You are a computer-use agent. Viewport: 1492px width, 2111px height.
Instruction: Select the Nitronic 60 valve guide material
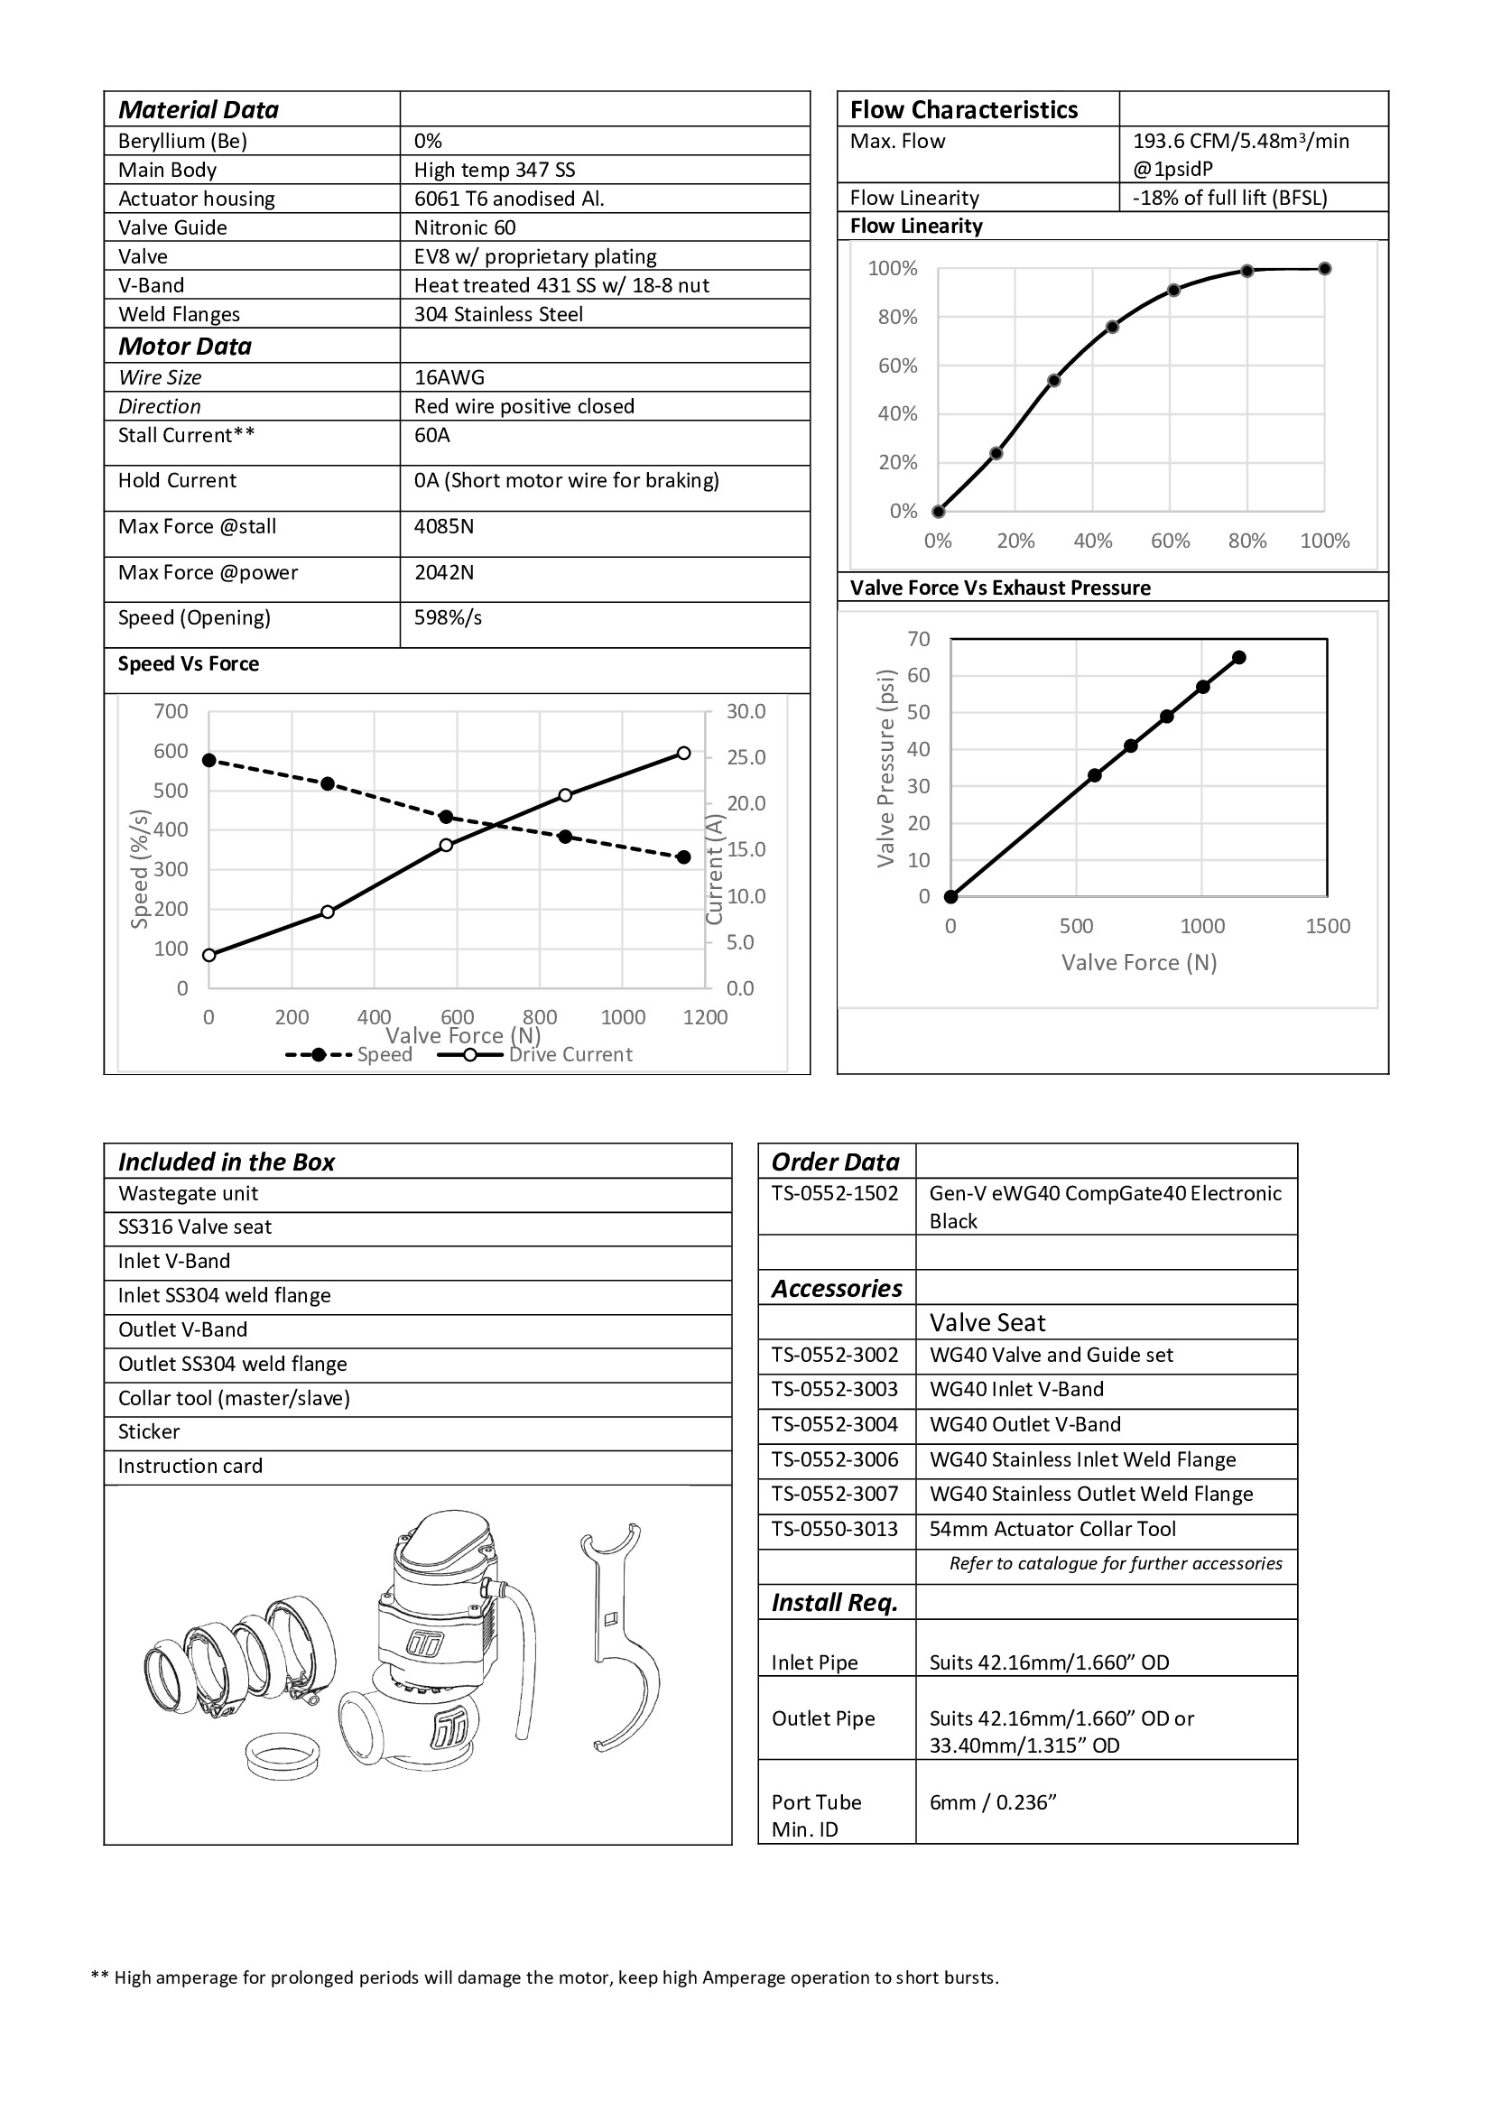[464, 227]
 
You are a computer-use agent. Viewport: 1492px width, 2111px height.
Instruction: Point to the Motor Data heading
[185, 346]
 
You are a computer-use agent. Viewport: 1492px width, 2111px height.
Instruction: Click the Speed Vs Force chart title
[189, 664]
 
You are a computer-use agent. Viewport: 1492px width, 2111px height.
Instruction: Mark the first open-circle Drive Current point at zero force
[209, 955]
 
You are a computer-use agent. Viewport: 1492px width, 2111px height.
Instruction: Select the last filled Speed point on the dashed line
[683, 856]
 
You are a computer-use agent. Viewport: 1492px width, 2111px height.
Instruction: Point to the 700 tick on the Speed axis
[171, 710]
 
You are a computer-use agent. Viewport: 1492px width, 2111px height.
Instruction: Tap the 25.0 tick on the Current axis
[746, 757]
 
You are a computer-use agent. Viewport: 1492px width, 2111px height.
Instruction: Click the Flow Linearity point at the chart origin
[938, 511]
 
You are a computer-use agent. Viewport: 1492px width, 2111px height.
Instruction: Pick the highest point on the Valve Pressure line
[1238, 657]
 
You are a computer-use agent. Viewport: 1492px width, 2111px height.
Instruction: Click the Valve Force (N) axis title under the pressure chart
[1138, 962]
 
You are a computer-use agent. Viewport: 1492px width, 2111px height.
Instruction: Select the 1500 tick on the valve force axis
[1328, 926]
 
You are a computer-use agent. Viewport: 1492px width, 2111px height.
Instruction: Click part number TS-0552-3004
[835, 1424]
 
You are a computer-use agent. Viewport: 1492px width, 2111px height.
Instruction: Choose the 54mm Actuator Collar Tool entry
[1052, 1529]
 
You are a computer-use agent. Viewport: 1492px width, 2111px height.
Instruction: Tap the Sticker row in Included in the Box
[149, 1431]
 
